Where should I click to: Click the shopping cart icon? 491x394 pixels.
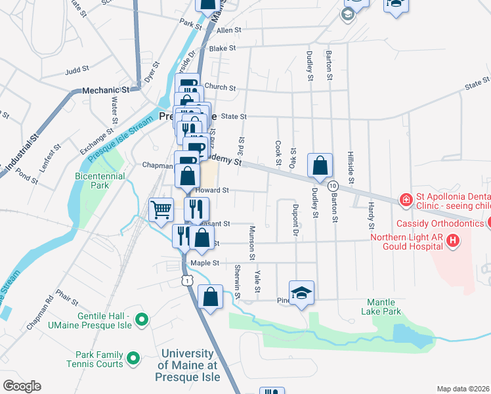pyautogui.click(x=161, y=210)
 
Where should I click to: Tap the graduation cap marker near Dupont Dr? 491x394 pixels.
pyautogui.click(x=301, y=292)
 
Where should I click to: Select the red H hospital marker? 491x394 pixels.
pyautogui.click(x=452, y=242)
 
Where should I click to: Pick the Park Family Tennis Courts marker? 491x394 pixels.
pyautogui.click(x=133, y=359)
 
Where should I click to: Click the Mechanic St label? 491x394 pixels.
pyautogui.click(x=105, y=90)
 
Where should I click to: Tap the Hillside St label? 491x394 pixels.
pyautogui.click(x=351, y=169)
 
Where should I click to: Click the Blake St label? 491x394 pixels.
pyautogui.click(x=222, y=48)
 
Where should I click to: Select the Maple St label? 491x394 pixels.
pyautogui.click(x=203, y=263)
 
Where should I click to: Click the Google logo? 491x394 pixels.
pyautogui.click(x=21, y=386)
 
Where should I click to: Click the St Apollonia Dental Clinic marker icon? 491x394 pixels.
pyautogui.click(x=406, y=199)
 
